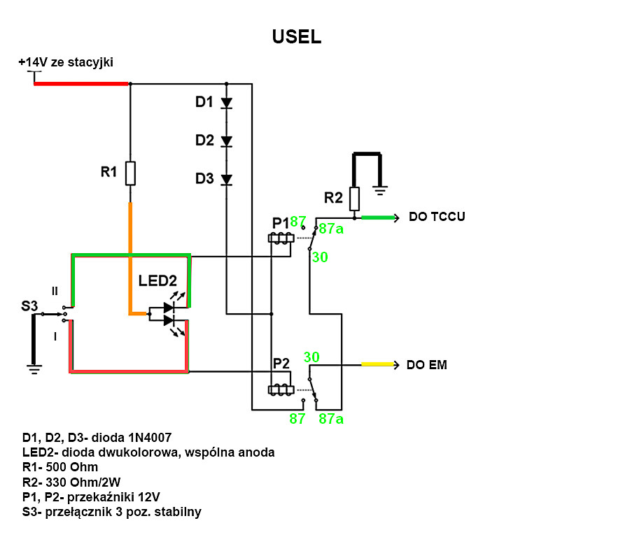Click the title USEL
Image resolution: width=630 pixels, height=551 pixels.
[x=297, y=36]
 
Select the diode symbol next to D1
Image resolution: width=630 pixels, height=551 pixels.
[x=227, y=103]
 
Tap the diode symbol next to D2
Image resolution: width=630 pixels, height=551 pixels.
[x=227, y=141]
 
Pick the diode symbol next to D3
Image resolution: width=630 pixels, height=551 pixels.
[x=227, y=180]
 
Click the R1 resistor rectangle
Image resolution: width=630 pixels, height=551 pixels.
[x=130, y=173]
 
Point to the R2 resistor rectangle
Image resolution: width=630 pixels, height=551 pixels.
[x=354, y=199]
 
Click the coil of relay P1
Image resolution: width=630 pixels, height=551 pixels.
[x=281, y=238]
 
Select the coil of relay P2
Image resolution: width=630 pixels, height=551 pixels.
[x=281, y=389]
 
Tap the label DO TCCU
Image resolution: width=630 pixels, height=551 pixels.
[x=437, y=217]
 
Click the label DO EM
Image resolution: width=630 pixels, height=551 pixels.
[x=427, y=365]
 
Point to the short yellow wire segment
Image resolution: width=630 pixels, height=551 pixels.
[x=377, y=364]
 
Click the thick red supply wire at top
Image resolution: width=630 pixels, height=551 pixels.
[x=81, y=84]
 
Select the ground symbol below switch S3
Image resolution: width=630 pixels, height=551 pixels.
[x=34, y=369]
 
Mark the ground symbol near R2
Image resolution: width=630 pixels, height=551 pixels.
[x=379, y=190]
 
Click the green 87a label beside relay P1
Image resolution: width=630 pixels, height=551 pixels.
[x=331, y=229]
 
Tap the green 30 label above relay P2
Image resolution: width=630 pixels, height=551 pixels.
[x=311, y=357]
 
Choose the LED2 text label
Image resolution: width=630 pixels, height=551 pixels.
[x=157, y=280]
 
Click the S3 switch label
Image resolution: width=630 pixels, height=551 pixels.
[x=29, y=306]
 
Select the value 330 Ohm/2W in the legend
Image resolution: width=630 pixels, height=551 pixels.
[x=83, y=482]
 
